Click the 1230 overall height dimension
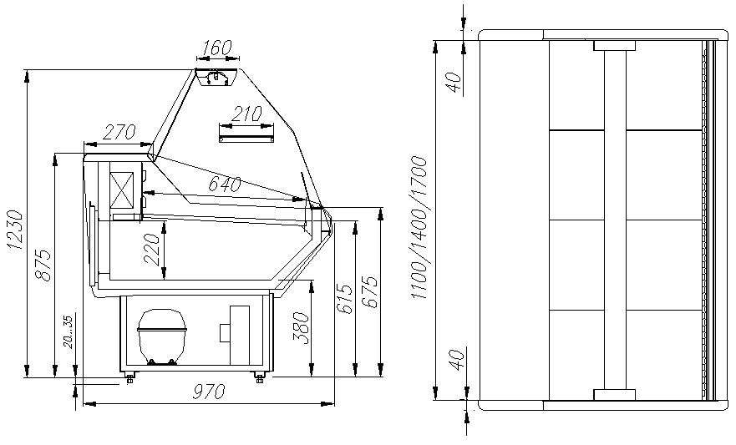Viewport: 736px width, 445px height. pos(15,230)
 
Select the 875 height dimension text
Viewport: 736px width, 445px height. pos(43,265)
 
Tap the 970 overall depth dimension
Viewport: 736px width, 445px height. pos(209,391)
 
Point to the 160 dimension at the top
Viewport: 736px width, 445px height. pos(218,48)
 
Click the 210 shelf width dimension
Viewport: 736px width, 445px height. pos(247,114)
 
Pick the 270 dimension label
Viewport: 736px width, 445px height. pos(119,132)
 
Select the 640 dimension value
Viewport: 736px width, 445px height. pos(225,185)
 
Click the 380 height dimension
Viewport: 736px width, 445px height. pos(301,328)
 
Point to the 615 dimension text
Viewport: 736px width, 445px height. pos(344,299)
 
